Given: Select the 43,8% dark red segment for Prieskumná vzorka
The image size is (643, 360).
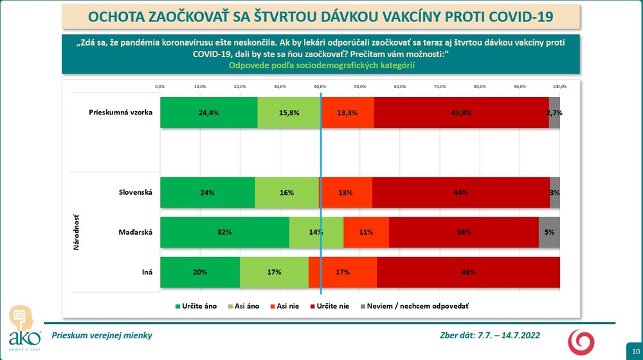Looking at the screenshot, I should [x=461, y=113].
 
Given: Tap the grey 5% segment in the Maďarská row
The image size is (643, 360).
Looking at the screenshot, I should [x=549, y=232].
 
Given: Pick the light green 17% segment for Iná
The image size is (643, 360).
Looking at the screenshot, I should [x=274, y=272].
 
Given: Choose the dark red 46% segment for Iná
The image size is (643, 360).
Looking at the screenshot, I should [x=467, y=272].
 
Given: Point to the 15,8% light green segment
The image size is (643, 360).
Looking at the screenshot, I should [x=289, y=113].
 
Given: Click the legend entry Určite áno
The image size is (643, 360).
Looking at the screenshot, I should [x=197, y=306].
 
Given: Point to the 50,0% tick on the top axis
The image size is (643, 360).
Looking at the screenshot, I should [x=359, y=86].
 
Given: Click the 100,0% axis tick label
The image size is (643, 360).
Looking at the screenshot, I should [x=559, y=86].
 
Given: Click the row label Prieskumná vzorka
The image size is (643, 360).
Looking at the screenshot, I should [x=120, y=113].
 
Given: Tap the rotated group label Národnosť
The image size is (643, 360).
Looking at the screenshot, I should [x=77, y=232].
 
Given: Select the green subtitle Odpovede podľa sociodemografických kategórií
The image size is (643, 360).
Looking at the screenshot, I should [x=321, y=65].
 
